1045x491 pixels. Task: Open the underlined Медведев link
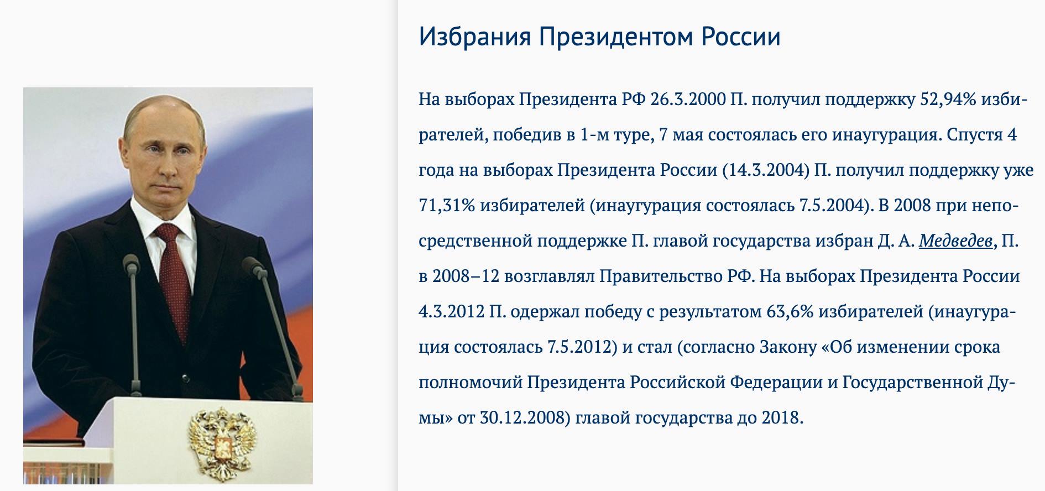(x=956, y=241)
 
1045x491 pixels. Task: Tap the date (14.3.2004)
(x=766, y=170)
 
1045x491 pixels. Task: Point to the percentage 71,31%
(x=447, y=206)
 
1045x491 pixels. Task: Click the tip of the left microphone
(x=130, y=260)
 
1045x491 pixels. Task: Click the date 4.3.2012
(x=452, y=312)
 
